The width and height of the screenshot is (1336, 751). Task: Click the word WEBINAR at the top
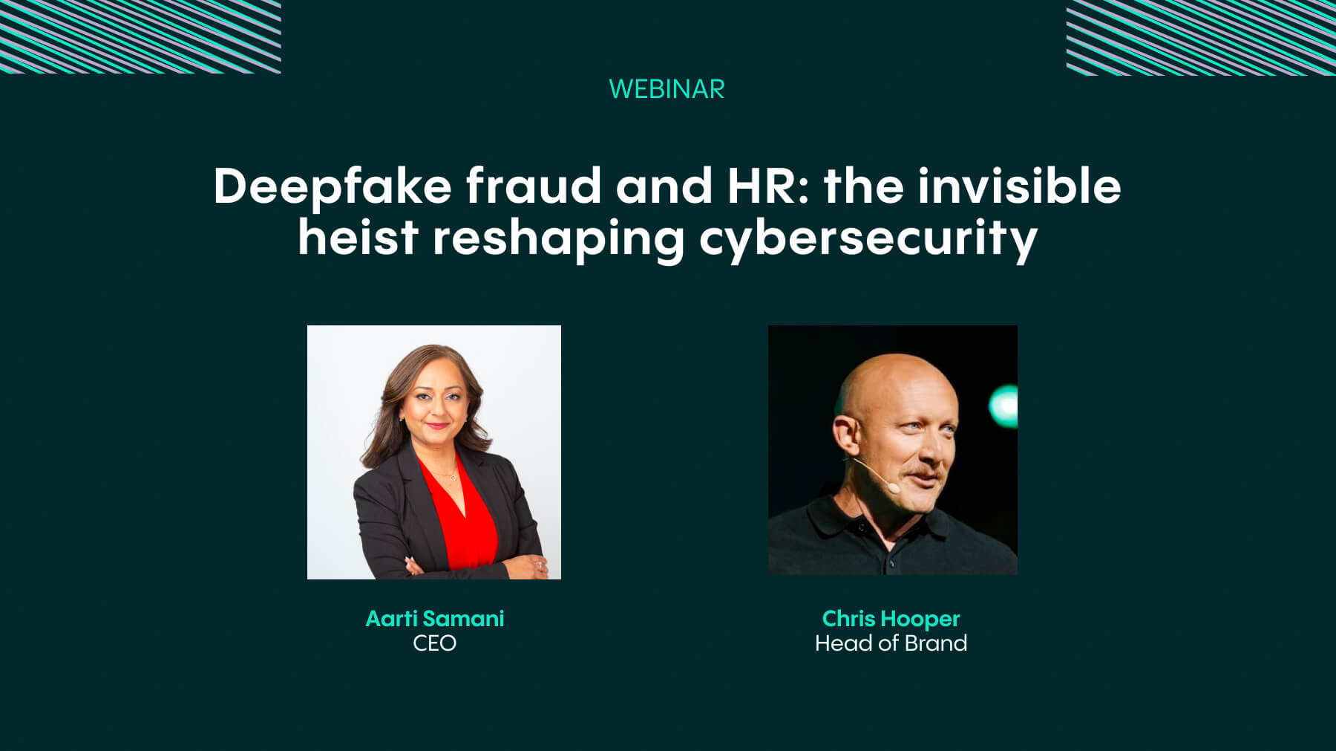(x=667, y=89)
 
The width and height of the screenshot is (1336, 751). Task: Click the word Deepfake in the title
(x=333, y=186)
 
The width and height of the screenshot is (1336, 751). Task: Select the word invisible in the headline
(x=1019, y=185)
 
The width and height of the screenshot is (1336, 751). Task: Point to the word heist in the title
(x=358, y=237)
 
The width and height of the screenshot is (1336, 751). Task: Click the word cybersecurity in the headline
(x=868, y=240)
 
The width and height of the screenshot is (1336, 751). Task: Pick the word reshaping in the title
(x=558, y=240)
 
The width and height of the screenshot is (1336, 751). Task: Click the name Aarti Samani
(x=435, y=618)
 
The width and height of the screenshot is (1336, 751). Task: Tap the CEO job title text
(x=435, y=643)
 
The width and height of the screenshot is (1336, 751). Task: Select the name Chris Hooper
(x=891, y=619)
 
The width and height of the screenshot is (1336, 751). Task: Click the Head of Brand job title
(x=891, y=643)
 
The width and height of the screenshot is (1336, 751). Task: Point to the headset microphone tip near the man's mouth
(x=894, y=488)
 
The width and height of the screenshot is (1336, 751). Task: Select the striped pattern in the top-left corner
(x=140, y=36)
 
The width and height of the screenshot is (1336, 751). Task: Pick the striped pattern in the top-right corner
(x=1201, y=37)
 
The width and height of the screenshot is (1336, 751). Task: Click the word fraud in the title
(x=534, y=185)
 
